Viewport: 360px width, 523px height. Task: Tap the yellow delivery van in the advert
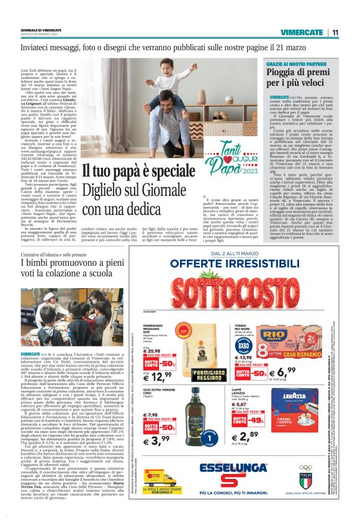(x=161, y=479)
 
